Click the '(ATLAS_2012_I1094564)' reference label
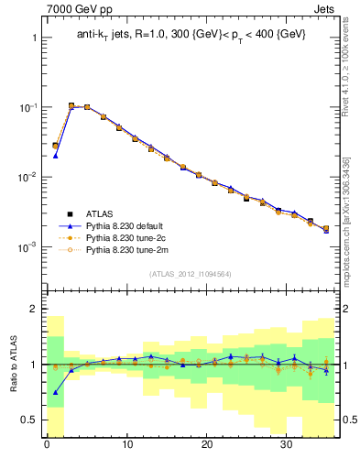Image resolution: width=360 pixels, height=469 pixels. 191,273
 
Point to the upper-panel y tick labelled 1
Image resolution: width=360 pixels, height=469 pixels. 34,38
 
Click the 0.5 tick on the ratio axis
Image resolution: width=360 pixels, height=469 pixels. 29,420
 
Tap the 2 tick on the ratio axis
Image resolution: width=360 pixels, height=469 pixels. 34,310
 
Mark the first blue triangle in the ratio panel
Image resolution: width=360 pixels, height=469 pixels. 55,392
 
